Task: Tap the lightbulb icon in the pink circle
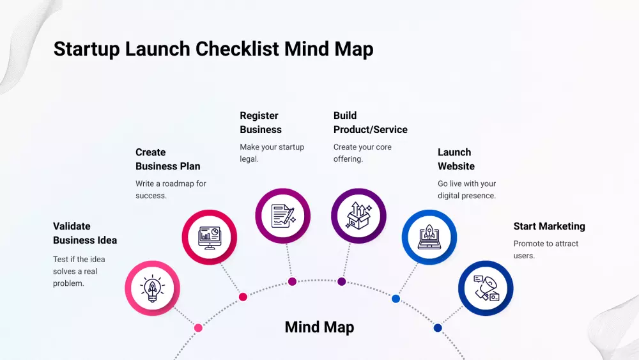pyautogui.click(x=152, y=288)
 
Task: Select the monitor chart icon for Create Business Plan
pyautogui.click(x=210, y=236)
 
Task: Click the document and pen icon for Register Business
pyautogui.click(x=282, y=216)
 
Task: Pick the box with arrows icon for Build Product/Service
pyautogui.click(x=358, y=216)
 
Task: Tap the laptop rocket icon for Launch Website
pyautogui.click(x=429, y=237)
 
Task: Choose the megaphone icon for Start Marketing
pyautogui.click(x=486, y=288)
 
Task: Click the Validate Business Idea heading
pyautogui.click(x=85, y=233)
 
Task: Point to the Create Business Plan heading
pyautogui.click(x=167, y=159)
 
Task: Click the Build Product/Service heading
pyautogui.click(x=370, y=123)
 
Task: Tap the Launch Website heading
pyautogui.click(x=456, y=159)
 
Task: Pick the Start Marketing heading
pyautogui.click(x=549, y=226)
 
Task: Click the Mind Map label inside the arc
pyautogui.click(x=319, y=327)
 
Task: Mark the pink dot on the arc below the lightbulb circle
pyautogui.click(x=198, y=328)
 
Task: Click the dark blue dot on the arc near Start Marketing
pyautogui.click(x=438, y=328)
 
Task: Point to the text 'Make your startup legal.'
pyautogui.click(x=272, y=153)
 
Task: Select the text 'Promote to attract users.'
pyautogui.click(x=537, y=249)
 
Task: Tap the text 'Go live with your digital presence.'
pyautogui.click(x=466, y=189)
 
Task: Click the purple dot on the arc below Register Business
pyautogui.click(x=292, y=281)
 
